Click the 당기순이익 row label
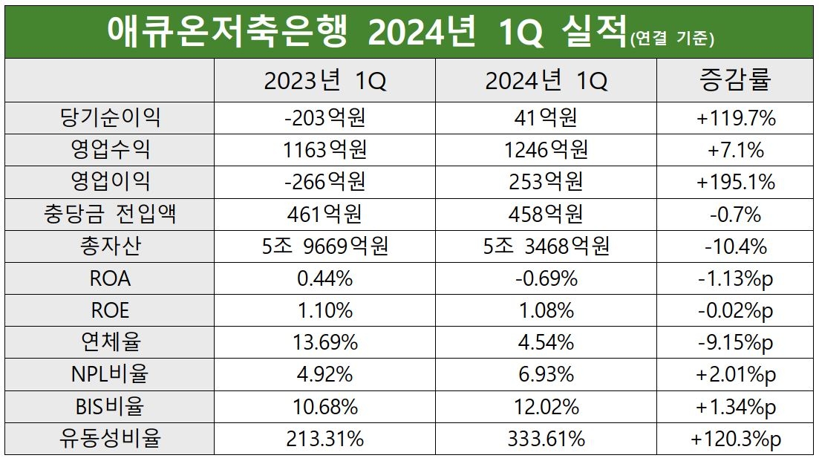(x=109, y=118)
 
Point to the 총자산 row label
(x=109, y=246)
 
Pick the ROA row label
(x=109, y=278)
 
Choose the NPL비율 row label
(x=109, y=374)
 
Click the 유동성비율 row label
(x=109, y=439)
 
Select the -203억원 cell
(x=324, y=118)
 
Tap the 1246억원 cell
(x=546, y=150)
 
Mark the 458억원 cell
(x=546, y=215)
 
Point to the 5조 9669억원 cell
(x=324, y=246)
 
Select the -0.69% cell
(x=546, y=278)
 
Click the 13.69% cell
(x=324, y=342)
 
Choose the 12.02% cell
(x=546, y=407)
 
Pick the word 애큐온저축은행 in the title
(x=226, y=31)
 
